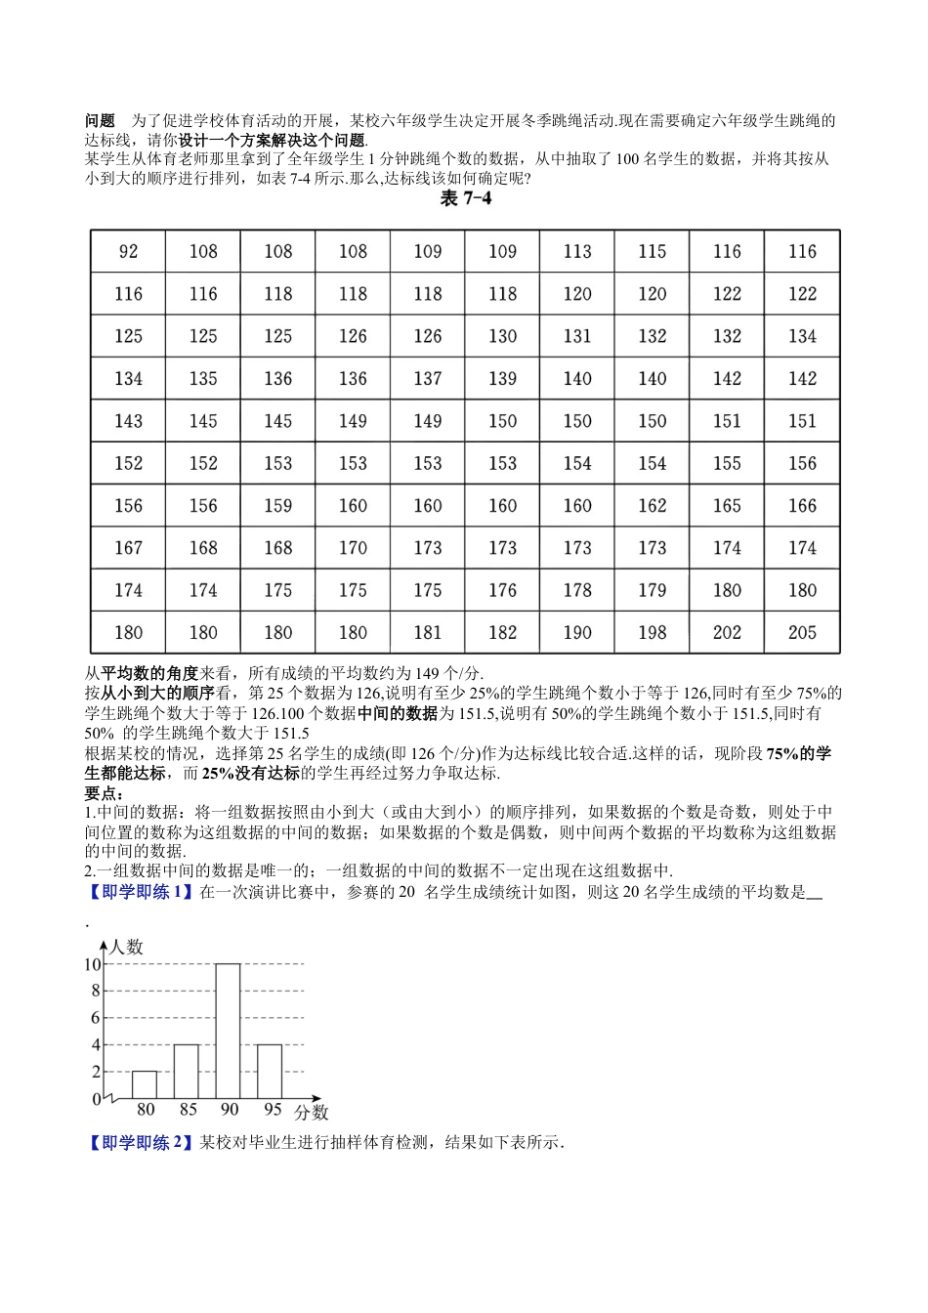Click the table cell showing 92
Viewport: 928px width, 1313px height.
[x=128, y=252]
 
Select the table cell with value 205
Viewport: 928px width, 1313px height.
[x=802, y=633]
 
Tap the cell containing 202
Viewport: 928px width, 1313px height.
[x=727, y=633]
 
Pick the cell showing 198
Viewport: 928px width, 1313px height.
[x=652, y=633]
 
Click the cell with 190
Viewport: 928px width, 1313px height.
[x=577, y=633]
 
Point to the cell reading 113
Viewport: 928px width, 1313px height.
[x=577, y=252]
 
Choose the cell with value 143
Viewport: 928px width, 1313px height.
[x=128, y=421]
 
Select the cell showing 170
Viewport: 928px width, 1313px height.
[x=353, y=548]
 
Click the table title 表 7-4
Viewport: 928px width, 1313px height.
[x=465, y=199]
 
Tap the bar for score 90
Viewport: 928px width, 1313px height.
[x=229, y=1031]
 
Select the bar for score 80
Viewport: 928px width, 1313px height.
[x=145, y=1084]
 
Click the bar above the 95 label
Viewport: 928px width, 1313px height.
[x=270, y=1071]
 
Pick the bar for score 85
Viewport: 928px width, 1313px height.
[x=187, y=1071]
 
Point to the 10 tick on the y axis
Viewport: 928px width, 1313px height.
[x=93, y=964]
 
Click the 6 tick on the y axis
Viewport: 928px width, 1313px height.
[x=96, y=1018]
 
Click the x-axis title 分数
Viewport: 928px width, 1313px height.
[x=312, y=1112]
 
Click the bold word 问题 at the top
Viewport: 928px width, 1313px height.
[x=100, y=121]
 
